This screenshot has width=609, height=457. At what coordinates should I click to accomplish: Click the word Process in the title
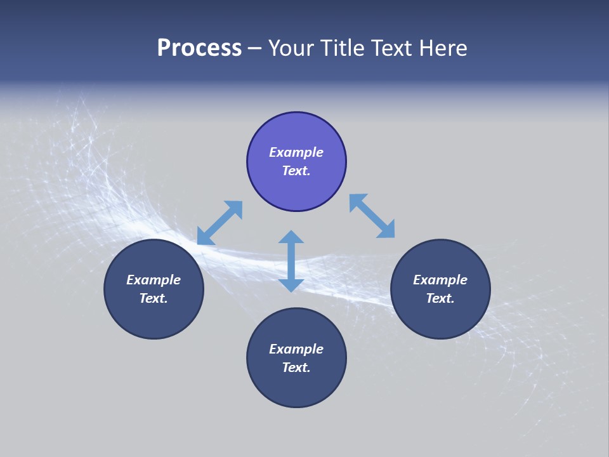199,48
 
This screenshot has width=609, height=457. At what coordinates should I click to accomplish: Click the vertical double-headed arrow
291,261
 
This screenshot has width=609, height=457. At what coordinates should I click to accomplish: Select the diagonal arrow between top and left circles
219,223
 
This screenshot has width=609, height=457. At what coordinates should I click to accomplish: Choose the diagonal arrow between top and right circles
372,216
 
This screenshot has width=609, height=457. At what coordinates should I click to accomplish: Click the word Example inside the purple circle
296,152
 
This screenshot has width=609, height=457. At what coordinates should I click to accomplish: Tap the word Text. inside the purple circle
296,171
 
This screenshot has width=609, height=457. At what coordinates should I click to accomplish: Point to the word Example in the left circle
154,280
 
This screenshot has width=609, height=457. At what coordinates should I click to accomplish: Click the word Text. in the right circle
440,298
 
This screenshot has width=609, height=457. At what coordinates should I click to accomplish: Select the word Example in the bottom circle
296,349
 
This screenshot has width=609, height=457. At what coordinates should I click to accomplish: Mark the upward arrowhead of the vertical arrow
291,237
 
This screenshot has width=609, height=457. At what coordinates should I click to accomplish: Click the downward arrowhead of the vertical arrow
291,284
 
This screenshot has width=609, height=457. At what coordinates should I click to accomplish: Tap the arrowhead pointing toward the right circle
386,230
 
